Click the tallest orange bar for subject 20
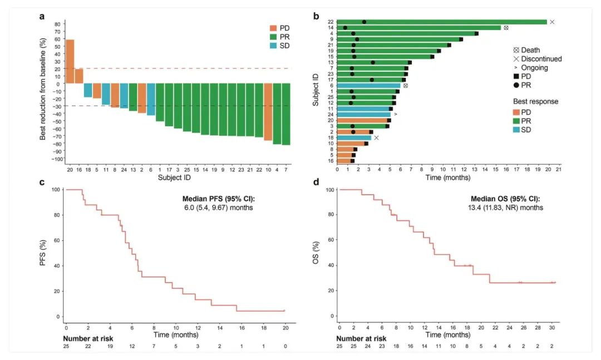[70, 61]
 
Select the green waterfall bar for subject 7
[286, 114]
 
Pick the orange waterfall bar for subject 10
[268, 112]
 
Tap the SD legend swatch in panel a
[273, 46]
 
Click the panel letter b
[316, 16]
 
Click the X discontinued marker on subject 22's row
[552, 22]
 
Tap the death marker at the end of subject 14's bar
[506, 28]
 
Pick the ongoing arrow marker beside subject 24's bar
[395, 114]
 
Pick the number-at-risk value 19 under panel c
[110, 347]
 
